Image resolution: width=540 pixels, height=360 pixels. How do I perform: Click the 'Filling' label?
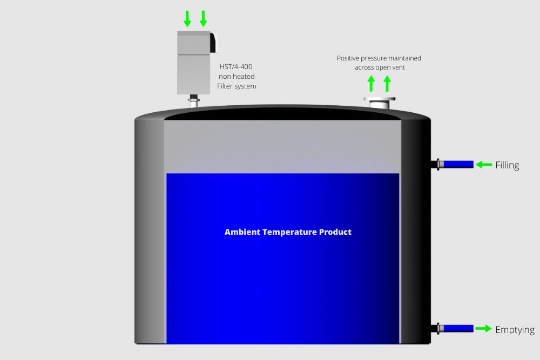pyautogui.click(x=507, y=165)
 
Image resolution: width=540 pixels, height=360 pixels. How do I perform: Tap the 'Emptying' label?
pyautogui.click(x=515, y=330)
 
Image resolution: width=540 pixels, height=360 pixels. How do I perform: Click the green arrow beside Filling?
pyautogui.click(x=484, y=165)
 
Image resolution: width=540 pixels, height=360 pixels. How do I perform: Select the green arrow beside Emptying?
pyautogui.click(x=483, y=329)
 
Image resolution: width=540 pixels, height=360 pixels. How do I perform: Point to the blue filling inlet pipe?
pyautogui.click(x=458, y=165)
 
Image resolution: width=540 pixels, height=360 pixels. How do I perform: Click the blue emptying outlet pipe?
pyautogui.click(x=458, y=329)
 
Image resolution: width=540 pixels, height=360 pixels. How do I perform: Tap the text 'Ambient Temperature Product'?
pyautogui.click(x=288, y=232)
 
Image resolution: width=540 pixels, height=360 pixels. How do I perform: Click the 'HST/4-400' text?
pyautogui.click(x=236, y=67)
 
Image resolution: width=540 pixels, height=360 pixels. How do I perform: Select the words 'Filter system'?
pyautogui.click(x=237, y=86)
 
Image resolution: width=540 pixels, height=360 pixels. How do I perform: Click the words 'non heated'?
pyautogui.click(x=237, y=77)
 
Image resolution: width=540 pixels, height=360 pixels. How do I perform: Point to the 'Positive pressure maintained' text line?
pyautogui.click(x=379, y=58)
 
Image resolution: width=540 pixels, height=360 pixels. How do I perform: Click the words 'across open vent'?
pyautogui.click(x=380, y=67)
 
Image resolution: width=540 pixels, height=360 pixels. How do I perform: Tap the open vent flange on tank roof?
pyautogui.click(x=380, y=102)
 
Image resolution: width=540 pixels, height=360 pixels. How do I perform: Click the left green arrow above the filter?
pyautogui.click(x=187, y=18)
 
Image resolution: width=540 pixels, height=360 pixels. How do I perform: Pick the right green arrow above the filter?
pyautogui.click(x=203, y=18)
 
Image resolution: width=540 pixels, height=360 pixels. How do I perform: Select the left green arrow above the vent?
pyautogui.click(x=371, y=84)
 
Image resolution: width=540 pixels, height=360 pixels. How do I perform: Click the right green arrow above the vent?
pyautogui.click(x=387, y=84)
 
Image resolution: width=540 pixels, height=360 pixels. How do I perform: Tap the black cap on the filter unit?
pyautogui.click(x=213, y=42)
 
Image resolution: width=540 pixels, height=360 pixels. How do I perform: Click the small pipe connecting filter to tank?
pyautogui.click(x=194, y=100)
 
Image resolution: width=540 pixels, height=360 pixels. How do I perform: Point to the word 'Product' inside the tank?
pyautogui.click(x=335, y=232)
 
